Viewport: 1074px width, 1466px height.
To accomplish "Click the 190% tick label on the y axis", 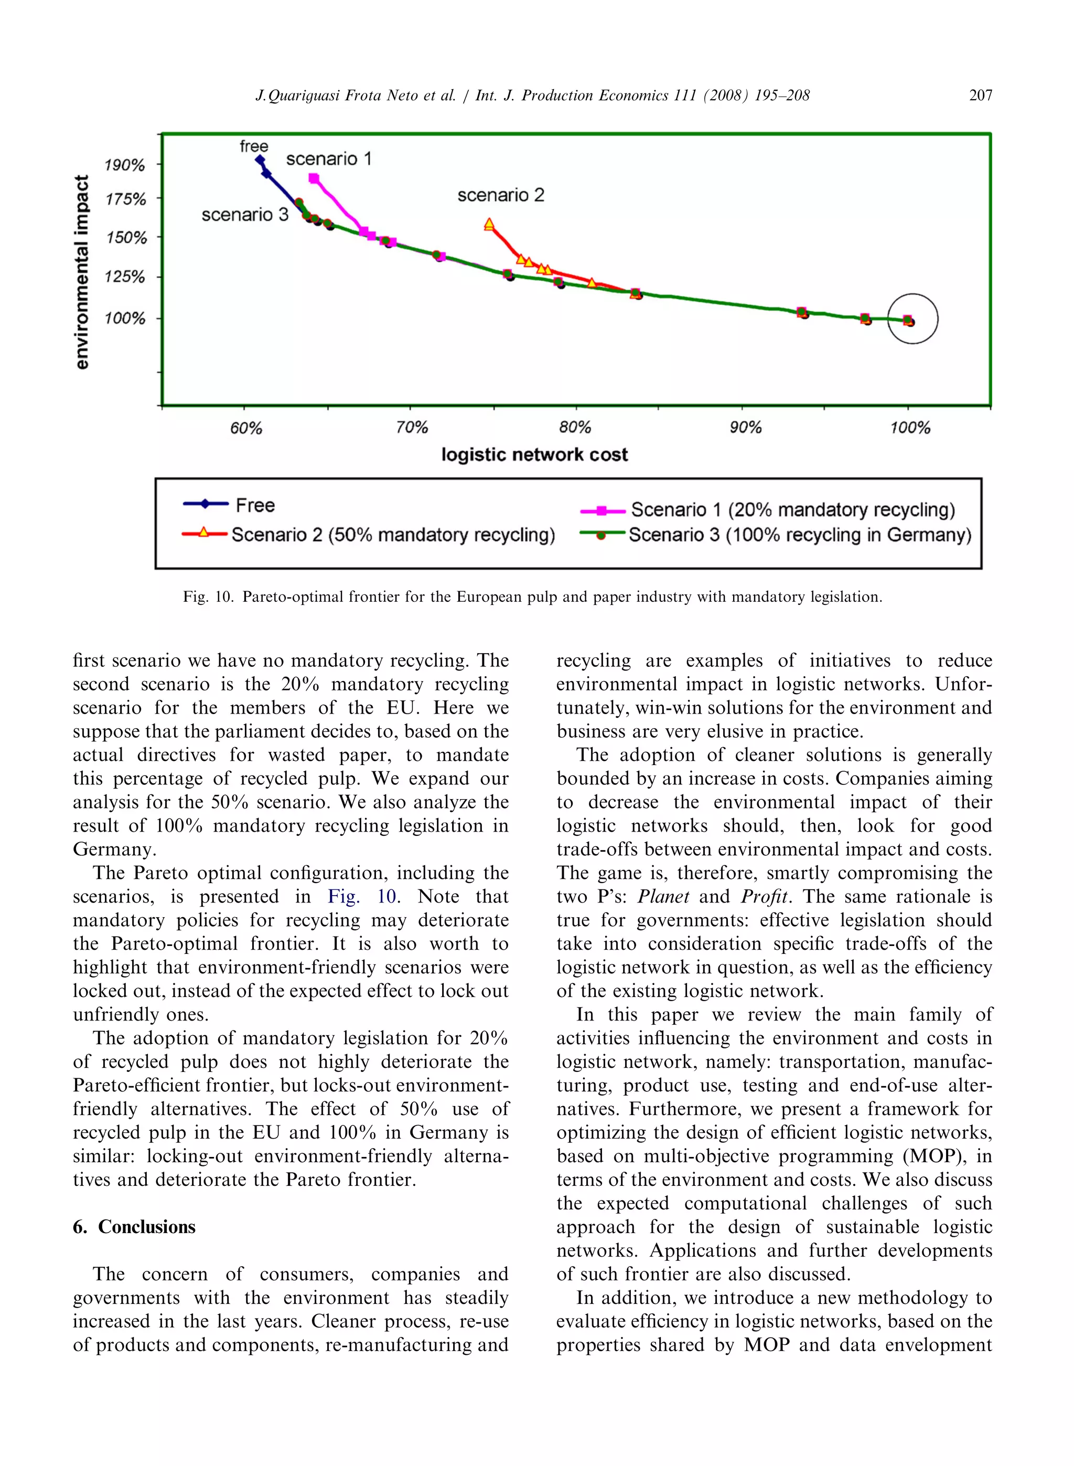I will [124, 165].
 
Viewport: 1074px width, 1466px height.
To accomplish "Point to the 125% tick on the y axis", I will [125, 277].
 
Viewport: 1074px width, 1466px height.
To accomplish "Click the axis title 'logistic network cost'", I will [534, 454].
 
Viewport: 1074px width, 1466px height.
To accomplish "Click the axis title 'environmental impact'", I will [81, 272].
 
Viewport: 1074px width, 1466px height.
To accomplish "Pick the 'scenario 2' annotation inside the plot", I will [501, 195].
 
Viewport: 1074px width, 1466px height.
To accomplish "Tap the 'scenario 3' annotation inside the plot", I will [244, 215].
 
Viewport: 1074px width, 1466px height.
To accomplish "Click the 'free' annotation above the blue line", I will [253, 146].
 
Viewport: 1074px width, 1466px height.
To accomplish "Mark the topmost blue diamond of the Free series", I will [260, 160].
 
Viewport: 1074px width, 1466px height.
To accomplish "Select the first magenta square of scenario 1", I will [314, 178].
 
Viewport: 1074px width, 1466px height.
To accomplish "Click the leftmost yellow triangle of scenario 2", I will [489, 225].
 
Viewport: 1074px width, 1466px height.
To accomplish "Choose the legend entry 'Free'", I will [255, 505].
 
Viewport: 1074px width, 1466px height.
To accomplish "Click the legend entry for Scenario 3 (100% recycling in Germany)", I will [800, 535].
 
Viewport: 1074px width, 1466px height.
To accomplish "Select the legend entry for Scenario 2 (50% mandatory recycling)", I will [393, 535].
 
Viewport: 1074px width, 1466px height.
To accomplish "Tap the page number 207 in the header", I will [980, 95].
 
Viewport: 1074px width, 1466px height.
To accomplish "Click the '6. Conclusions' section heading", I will [134, 1227].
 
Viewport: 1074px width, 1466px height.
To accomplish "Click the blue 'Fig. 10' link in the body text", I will [363, 896].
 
